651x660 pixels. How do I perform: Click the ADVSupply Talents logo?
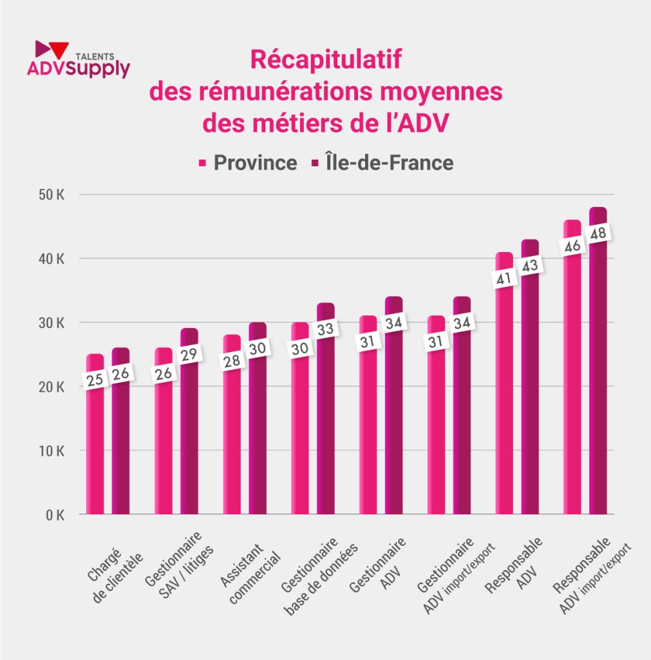(78, 60)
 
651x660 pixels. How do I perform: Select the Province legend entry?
(248, 162)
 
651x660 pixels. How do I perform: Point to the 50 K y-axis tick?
(50, 195)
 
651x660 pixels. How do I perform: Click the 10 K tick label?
(50, 451)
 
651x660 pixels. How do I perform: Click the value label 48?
(598, 233)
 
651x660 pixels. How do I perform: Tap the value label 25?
(95, 380)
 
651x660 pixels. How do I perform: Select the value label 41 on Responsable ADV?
(504, 279)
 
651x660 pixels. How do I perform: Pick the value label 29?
(189, 354)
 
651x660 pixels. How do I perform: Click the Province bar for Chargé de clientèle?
(95, 451)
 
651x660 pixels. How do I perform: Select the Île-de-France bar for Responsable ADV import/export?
(598, 387)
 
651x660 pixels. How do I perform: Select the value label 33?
(326, 329)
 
